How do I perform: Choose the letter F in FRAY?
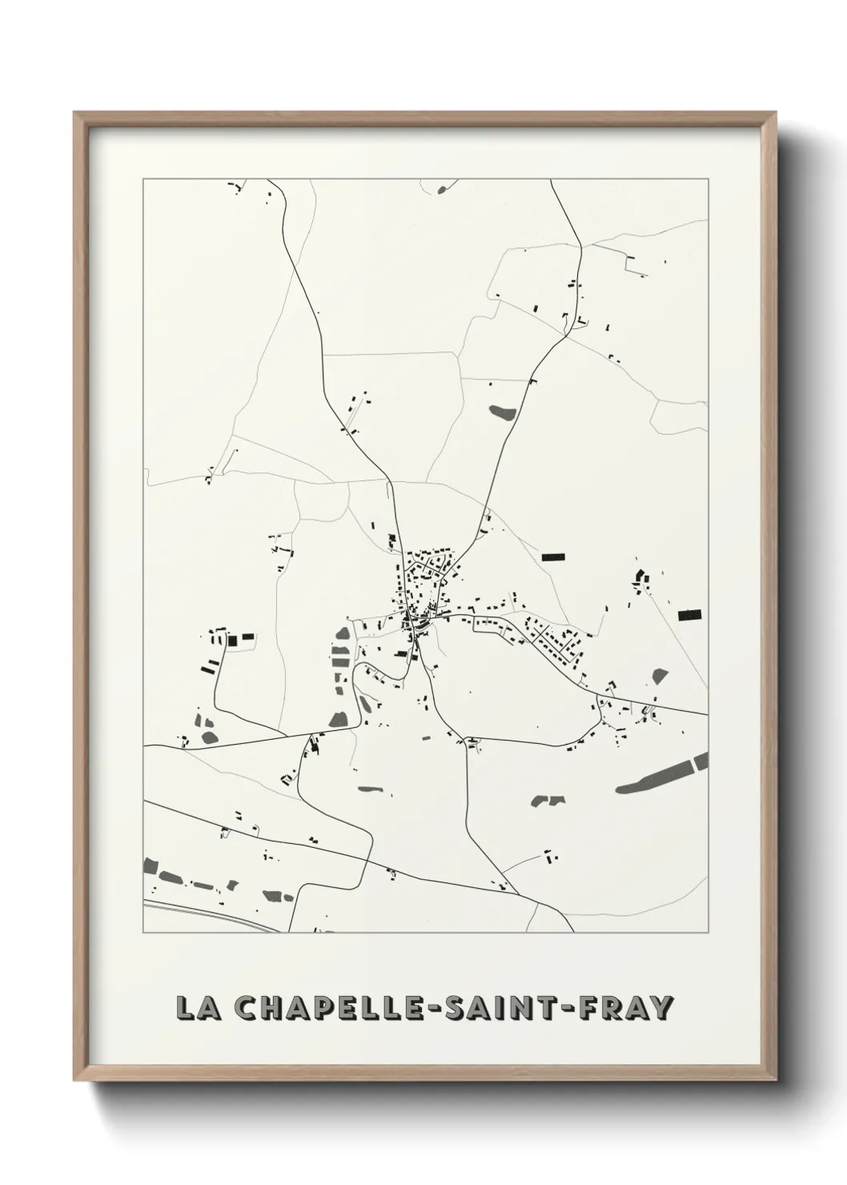click(x=597, y=1008)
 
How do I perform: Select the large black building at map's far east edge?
click(x=689, y=615)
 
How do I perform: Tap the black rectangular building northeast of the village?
click(x=553, y=556)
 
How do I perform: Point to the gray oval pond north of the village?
click(x=502, y=413)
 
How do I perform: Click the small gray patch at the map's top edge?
click(x=442, y=190)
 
